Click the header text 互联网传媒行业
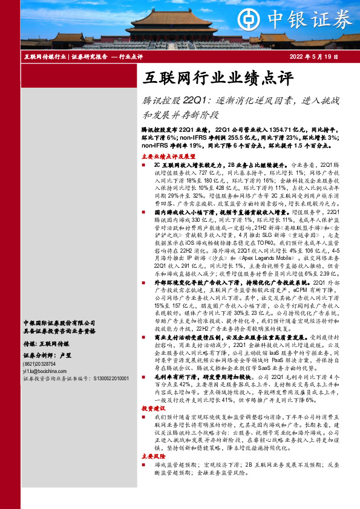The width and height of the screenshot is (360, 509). (45, 56)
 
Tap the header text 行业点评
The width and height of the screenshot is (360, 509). (130, 56)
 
